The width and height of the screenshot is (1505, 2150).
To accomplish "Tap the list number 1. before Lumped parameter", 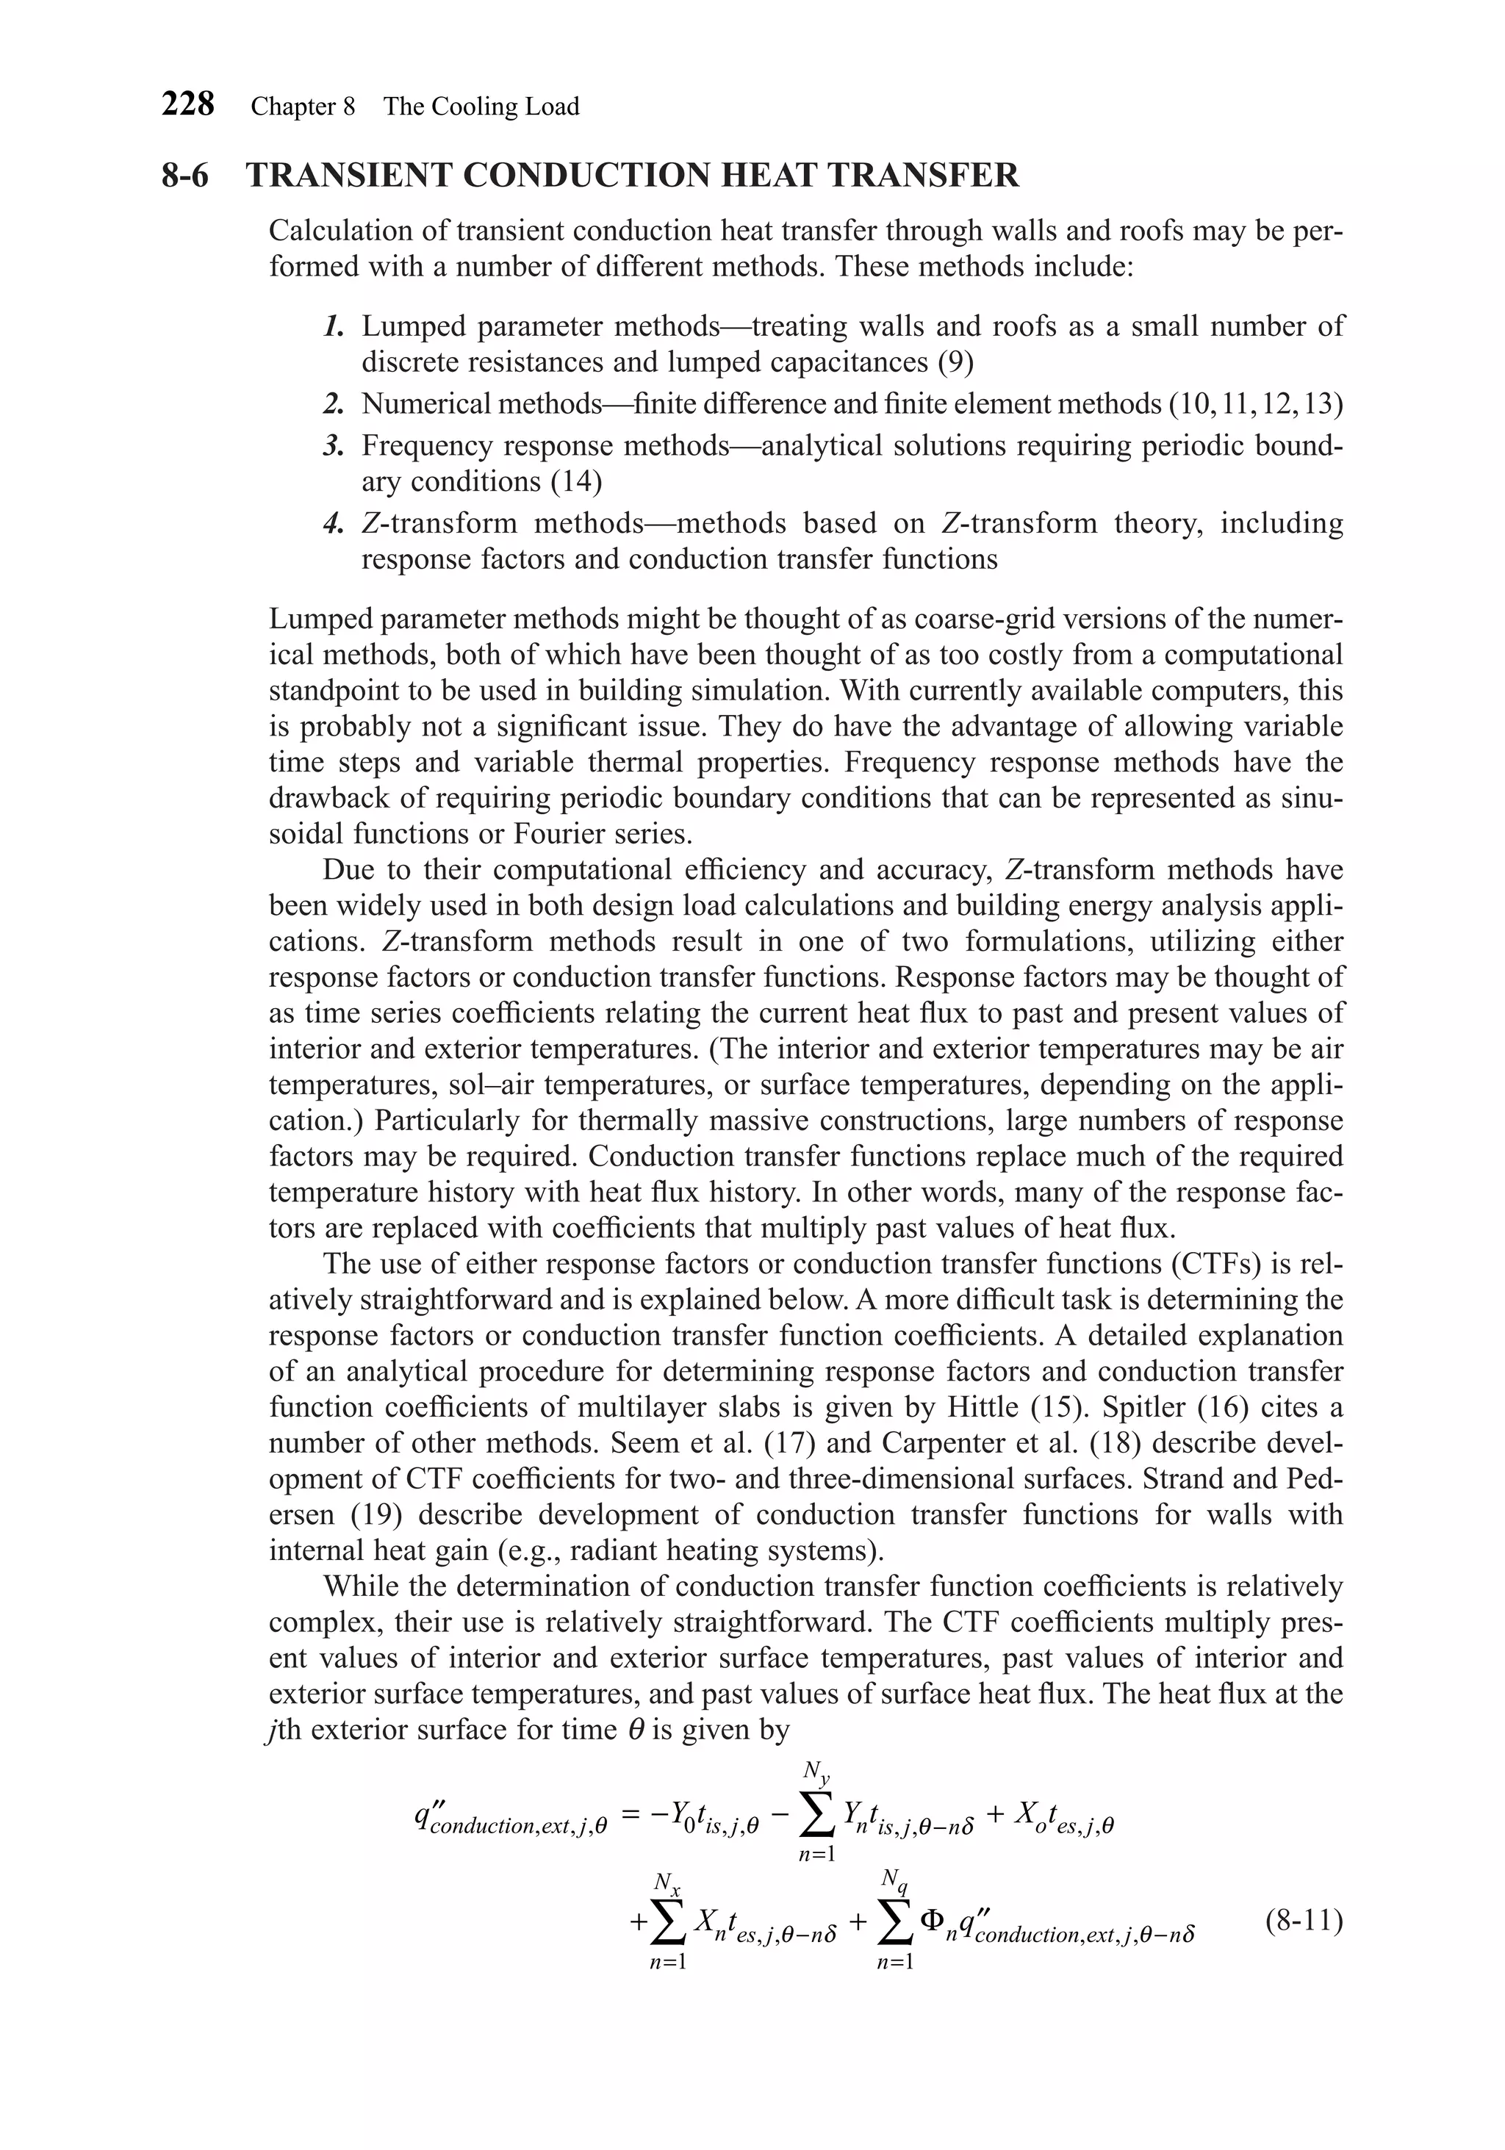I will click(334, 327).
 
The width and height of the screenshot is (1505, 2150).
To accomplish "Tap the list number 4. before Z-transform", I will click(334, 523).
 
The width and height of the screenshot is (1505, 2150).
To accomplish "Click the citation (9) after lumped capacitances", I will click(955, 362).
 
